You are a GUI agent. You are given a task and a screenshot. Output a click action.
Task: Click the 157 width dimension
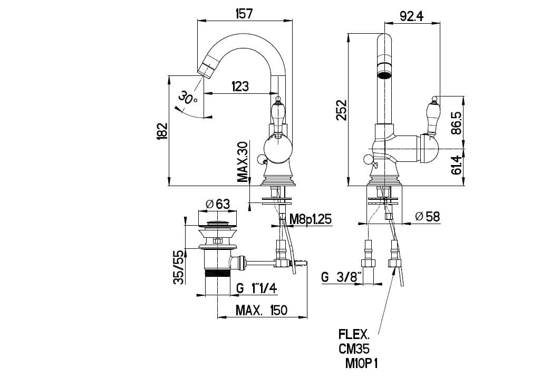coord(244,14)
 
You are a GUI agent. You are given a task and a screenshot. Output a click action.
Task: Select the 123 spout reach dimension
coord(240,86)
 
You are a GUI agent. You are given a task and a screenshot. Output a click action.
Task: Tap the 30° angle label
coord(188,98)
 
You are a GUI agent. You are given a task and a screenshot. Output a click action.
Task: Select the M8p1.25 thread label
coord(311,219)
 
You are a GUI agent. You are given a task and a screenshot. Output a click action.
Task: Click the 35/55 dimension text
coord(179,266)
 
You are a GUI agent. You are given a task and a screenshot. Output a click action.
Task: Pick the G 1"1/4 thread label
coord(257,288)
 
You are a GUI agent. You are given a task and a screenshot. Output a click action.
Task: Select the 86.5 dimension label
coord(457,122)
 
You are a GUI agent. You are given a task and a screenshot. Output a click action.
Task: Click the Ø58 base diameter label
coord(427,216)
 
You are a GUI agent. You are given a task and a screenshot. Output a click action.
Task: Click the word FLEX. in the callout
coord(354,335)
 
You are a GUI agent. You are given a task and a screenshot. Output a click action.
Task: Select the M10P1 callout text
coord(361,363)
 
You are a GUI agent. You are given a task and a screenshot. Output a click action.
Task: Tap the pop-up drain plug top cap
coord(218,224)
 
